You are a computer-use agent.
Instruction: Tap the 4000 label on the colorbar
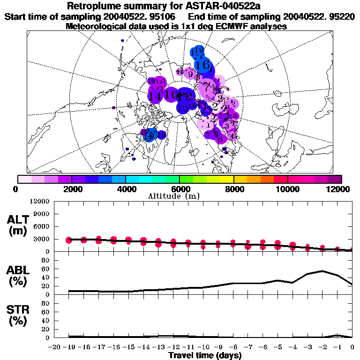coord(126,189)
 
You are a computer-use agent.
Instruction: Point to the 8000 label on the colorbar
coord(234,189)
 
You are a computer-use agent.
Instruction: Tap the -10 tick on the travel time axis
coord(203,347)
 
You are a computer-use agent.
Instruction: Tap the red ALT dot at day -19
coord(69,240)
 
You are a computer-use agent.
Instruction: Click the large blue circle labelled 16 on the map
coord(203,65)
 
